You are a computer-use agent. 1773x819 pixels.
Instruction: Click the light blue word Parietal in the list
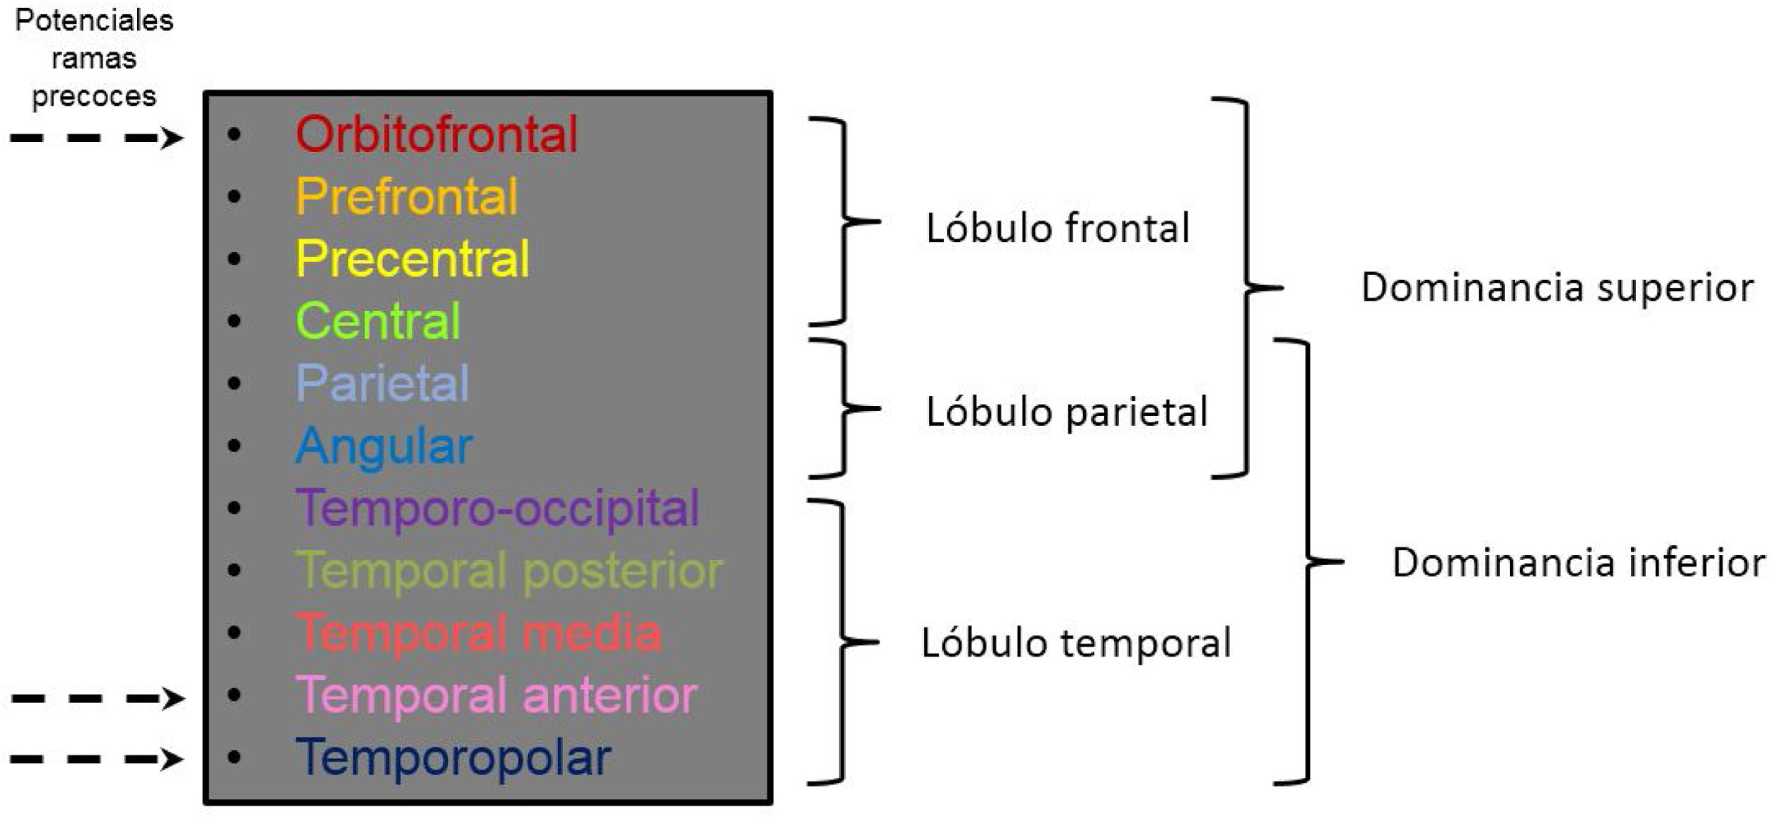coord(382,383)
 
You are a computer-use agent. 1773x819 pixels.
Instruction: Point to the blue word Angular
coord(384,446)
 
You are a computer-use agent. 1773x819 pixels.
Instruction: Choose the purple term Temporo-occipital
coord(498,508)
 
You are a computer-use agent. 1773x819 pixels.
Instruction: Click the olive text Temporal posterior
coord(509,570)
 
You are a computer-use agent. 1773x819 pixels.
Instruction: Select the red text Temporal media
coord(479,632)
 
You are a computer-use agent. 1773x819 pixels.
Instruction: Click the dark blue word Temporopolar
coord(453,757)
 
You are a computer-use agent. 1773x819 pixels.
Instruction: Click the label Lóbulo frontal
coord(1058,228)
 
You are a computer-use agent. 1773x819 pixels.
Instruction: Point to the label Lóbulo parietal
coord(1067,412)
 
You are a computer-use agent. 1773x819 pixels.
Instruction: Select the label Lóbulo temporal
coord(1076,643)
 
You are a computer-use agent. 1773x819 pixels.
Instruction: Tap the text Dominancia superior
coord(1557,287)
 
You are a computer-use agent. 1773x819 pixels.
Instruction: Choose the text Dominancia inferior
coord(1579,563)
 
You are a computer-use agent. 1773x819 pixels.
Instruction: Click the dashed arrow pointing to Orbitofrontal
coord(97,138)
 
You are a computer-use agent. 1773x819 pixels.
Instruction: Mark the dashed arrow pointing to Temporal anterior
coord(98,699)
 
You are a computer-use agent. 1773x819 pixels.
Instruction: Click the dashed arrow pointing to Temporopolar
coord(97,760)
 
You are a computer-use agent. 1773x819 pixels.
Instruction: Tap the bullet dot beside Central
coord(235,321)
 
